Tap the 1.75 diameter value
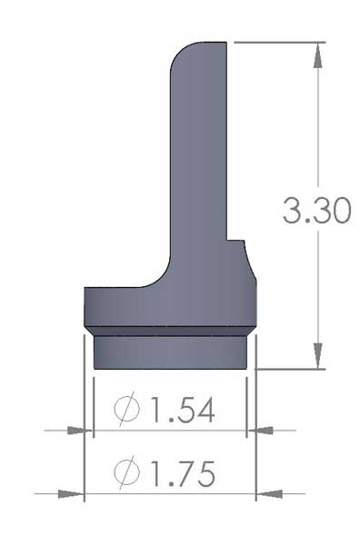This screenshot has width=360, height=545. point(178,473)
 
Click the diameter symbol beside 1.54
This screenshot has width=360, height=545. point(130,411)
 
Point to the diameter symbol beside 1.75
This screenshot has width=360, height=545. point(130,473)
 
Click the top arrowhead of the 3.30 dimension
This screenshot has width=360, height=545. point(317,52)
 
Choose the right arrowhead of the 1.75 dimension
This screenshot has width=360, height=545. point(269,494)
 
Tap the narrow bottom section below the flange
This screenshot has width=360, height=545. point(170,352)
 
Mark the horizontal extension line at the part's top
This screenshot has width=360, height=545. point(273,41)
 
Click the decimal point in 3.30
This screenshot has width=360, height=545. point(310,222)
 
